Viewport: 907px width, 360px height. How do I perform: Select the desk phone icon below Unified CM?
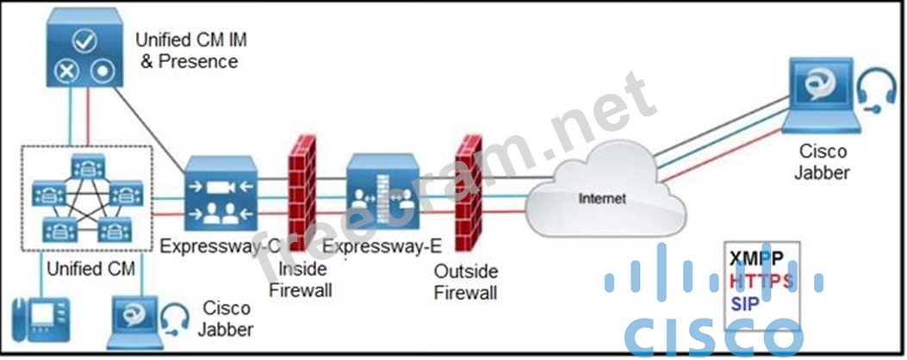pyautogui.click(x=39, y=322)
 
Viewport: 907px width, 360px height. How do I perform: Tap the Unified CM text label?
pyautogui.click(x=91, y=268)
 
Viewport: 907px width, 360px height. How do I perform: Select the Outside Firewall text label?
pyautogui.click(x=465, y=282)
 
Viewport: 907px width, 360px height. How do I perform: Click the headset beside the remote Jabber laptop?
pyautogui.click(x=874, y=91)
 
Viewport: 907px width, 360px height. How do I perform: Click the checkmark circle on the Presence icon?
pyautogui.click(x=83, y=40)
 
